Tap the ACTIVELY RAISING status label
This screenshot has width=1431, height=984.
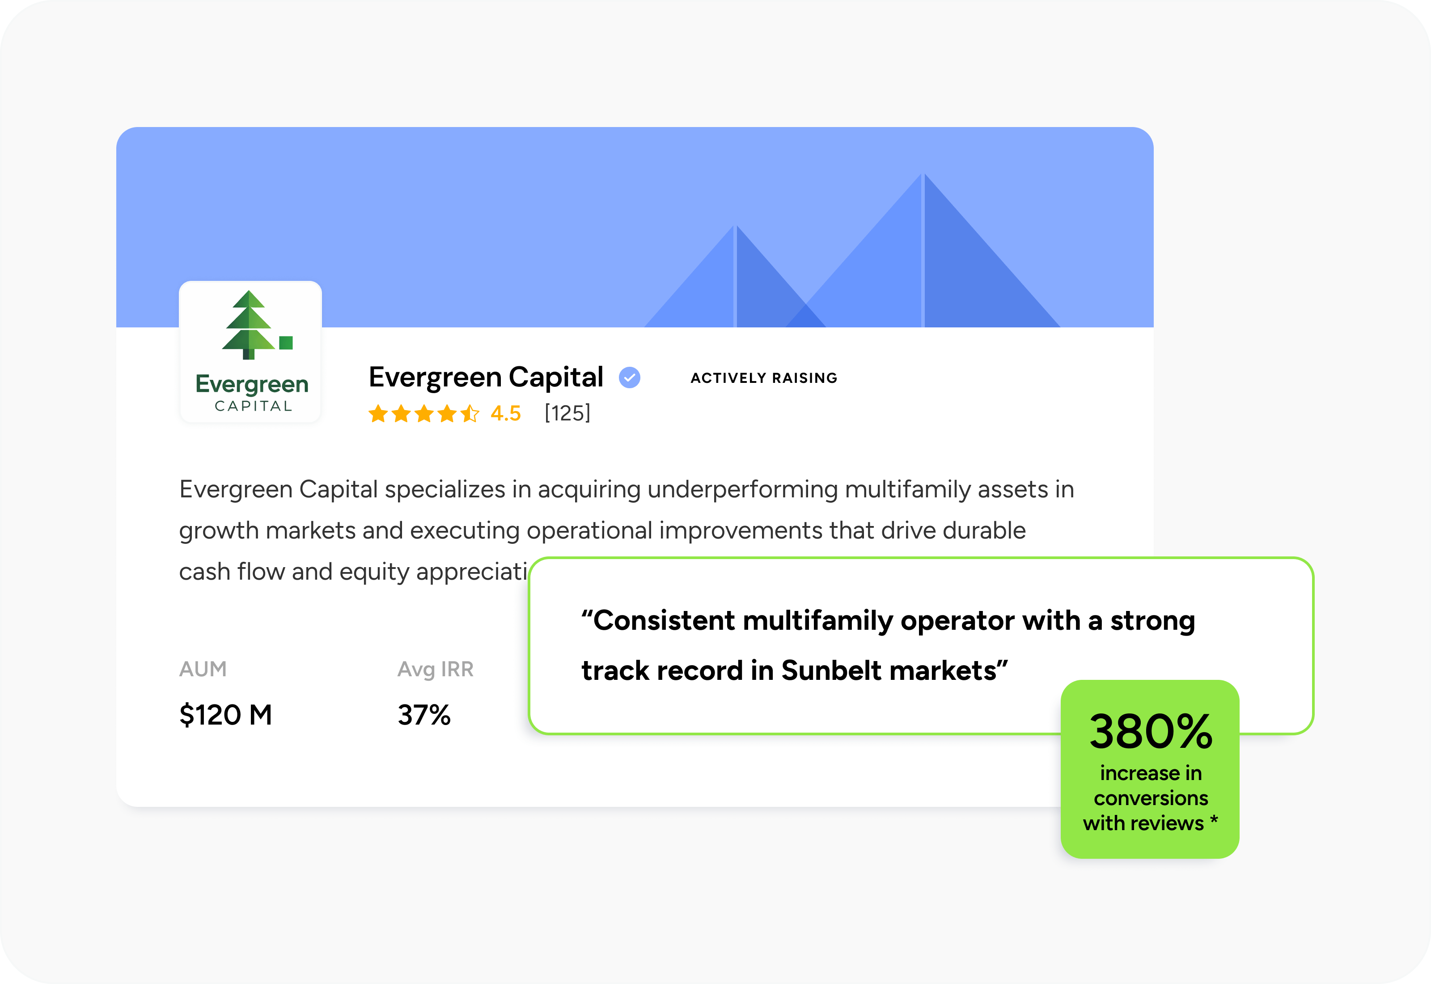pos(763,378)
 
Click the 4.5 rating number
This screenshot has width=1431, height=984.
pos(505,413)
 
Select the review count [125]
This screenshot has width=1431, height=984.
pos(567,413)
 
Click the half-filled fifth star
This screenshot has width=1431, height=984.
pos(470,413)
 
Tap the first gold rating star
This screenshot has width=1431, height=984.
pos(378,413)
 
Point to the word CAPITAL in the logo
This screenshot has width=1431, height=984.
pos(253,406)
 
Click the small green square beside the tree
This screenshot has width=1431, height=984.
pos(286,343)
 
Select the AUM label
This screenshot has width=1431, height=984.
pos(203,669)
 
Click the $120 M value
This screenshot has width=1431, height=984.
pos(225,715)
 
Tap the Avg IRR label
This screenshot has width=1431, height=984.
pos(435,669)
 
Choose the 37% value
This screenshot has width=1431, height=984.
pos(424,715)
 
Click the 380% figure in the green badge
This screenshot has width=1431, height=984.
pos(1151,732)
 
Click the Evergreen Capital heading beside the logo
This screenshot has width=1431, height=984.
pos(486,377)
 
